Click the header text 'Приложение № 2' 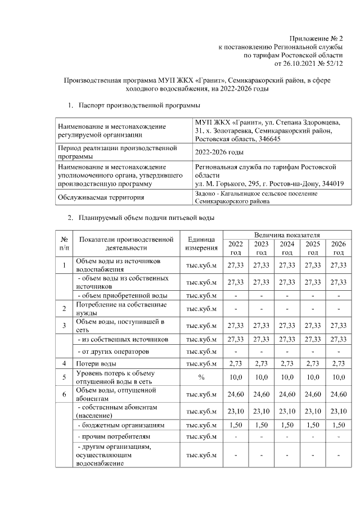point(316,38)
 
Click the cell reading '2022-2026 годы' point(219,152)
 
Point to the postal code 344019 point(332,183)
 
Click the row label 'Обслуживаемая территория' point(100,197)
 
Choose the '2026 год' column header point(338,248)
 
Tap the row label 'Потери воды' point(96,363)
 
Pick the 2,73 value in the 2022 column point(236,363)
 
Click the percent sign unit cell point(201,377)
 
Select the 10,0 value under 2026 point(338,377)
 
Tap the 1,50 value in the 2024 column point(287,425)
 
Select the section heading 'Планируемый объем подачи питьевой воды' point(146,218)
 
